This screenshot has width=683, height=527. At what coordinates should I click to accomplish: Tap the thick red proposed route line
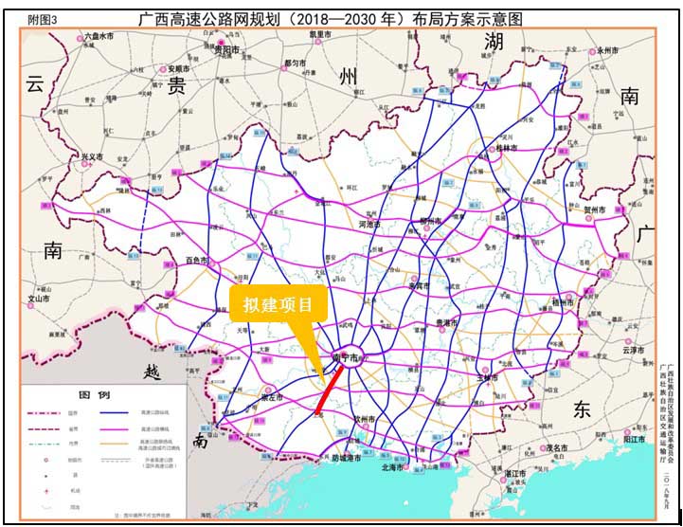(332, 385)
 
